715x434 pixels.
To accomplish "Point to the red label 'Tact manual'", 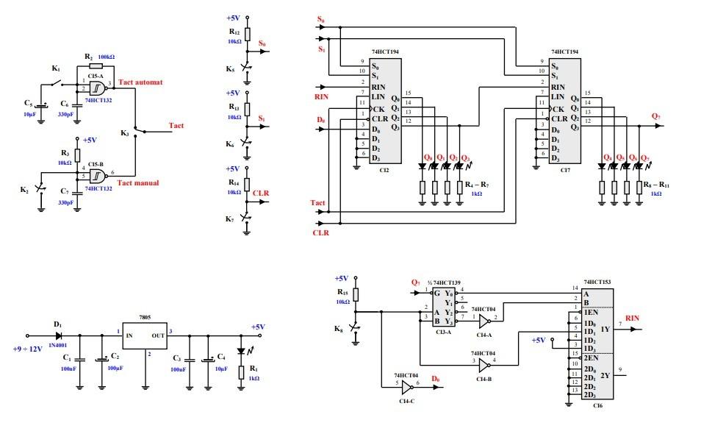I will point(138,183).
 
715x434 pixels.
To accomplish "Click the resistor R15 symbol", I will point(355,295).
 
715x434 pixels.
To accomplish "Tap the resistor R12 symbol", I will point(247,35).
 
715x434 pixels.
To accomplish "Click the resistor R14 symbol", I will point(247,184).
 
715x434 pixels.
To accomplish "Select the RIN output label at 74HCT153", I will point(632,318).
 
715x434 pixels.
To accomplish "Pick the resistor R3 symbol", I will point(76,155).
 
